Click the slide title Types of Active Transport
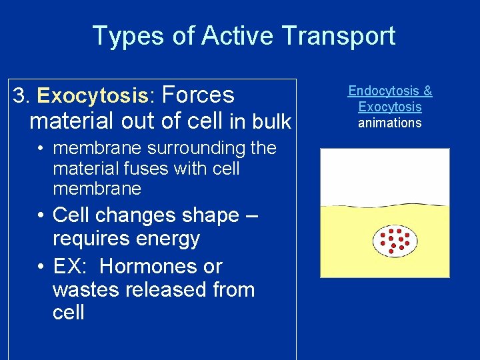click(x=243, y=35)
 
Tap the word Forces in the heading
click(x=198, y=95)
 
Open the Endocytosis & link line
click(x=390, y=91)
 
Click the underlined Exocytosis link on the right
click(x=390, y=107)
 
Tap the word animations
click(x=390, y=123)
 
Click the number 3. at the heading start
click(x=21, y=96)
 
